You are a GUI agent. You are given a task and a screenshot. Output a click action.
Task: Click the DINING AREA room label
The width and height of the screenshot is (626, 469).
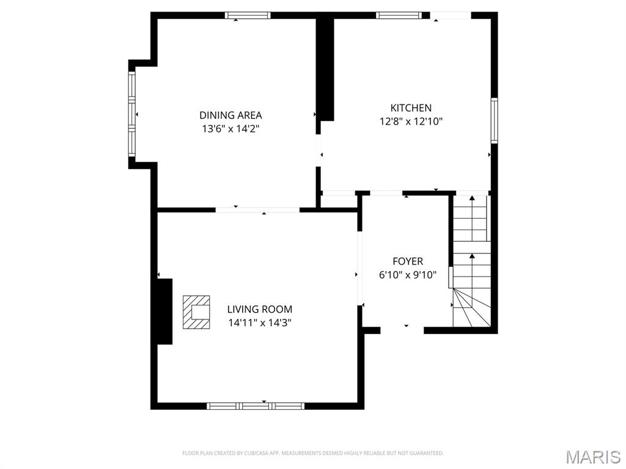click(x=230, y=115)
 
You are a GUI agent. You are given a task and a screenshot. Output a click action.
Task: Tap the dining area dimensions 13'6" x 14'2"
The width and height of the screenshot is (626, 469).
click(x=230, y=129)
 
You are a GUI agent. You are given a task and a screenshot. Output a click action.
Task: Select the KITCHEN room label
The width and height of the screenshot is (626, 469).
click(x=411, y=107)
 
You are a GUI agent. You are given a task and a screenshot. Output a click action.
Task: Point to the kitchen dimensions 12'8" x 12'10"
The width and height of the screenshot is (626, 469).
click(x=411, y=122)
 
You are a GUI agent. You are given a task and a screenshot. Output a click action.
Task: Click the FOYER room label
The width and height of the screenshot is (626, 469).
click(x=407, y=261)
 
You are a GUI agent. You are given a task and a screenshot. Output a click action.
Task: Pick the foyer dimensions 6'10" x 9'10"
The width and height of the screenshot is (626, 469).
click(x=407, y=275)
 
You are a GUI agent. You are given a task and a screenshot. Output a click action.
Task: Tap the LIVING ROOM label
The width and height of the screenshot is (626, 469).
click(x=260, y=309)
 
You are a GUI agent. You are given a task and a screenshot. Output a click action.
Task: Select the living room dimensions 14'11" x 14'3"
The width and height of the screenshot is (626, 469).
click(x=260, y=323)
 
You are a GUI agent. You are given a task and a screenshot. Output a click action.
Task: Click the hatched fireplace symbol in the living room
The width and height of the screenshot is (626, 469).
click(x=196, y=312)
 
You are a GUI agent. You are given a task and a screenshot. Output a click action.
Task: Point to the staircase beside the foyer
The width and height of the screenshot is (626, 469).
click(x=471, y=263)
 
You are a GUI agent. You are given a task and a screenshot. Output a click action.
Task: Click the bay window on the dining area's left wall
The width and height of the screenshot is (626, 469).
click(x=131, y=114)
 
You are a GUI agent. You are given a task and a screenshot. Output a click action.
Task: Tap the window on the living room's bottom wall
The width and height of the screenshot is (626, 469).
click(x=256, y=405)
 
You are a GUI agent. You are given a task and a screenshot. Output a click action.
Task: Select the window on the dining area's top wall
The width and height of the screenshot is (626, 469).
click(x=248, y=15)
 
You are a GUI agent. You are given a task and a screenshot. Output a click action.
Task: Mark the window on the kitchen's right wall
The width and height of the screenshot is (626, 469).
click(x=494, y=120)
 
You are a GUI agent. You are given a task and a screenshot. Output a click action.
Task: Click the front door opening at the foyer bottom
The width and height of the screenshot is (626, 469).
click(x=402, y=330)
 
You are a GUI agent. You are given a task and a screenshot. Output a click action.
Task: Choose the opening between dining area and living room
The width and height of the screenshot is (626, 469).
click(x=257, y=210)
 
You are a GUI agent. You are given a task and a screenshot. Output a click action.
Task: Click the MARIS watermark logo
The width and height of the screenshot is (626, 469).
click(x=593, y=456)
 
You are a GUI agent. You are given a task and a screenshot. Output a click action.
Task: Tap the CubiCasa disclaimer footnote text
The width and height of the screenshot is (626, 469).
click(x=312, y=453)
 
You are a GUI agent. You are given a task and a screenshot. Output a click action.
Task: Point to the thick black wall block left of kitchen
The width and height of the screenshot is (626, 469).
click(x=325, y=68)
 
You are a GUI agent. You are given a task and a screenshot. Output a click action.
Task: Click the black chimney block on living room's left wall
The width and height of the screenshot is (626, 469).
click(x=164, y=311)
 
